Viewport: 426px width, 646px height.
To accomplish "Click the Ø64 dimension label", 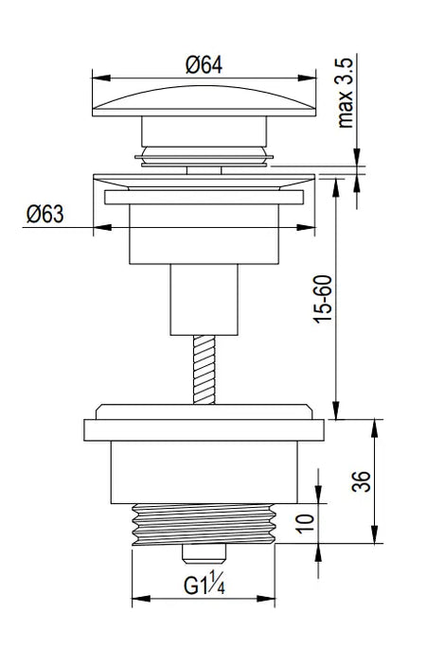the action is click(x=204, y=65).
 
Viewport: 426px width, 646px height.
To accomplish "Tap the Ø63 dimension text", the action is click(x=45, y=215).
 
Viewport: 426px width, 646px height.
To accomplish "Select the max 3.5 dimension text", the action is click(x=346, y=93).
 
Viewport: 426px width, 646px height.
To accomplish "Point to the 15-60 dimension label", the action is click(x=323, y=299).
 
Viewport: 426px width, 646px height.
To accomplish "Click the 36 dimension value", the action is click(x=362, y=480).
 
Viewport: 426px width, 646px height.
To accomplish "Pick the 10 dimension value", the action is click(x=306, y=523).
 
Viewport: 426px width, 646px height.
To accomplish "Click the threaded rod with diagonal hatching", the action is click(x=204, y=370).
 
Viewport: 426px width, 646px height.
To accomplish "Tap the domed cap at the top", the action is click(x=204, y=101).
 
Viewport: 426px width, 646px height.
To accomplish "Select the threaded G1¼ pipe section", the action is click(x=204, y=524).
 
